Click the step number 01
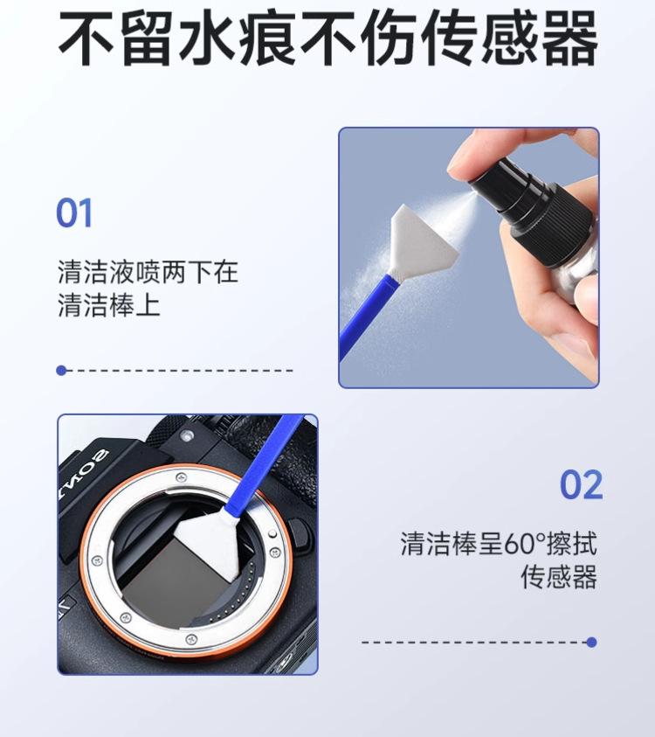(74, 213)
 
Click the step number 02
(581, 484)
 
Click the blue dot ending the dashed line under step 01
(61, 371)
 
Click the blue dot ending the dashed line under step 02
(591, 642)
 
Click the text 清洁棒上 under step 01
(109, 305)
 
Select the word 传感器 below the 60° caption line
(559, 577)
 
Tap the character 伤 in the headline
(389, 38)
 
